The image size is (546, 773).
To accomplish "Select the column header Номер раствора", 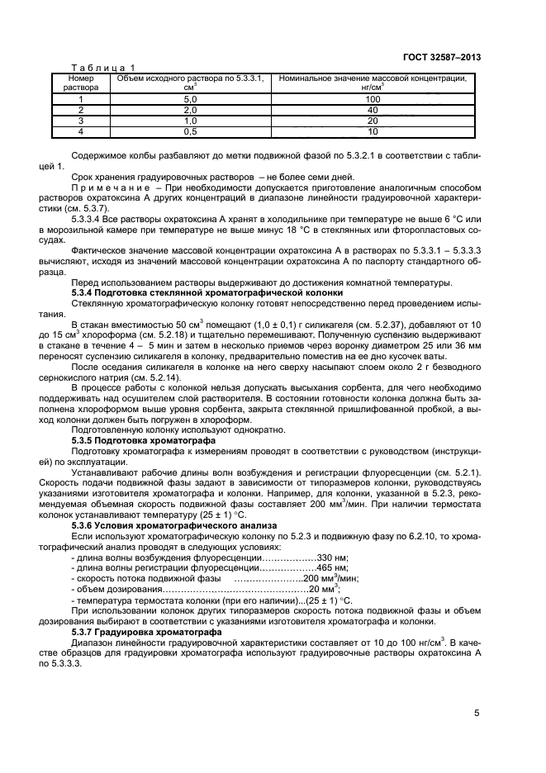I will [80, 83].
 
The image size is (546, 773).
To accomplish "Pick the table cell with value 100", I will [373, 99].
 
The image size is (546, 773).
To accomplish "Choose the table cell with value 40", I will [373, 110].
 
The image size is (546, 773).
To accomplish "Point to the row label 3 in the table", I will [80, 121].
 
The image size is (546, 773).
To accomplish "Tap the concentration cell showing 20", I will [373, 121].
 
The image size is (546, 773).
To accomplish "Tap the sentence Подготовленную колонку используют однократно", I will [179, 430].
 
